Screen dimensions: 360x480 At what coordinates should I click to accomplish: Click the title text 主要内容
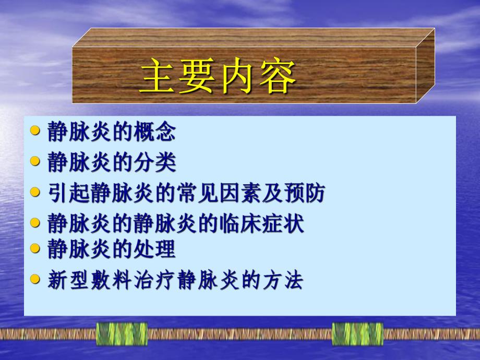(x=218, y=77)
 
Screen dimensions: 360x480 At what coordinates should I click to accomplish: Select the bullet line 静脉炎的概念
(x=111, y=132)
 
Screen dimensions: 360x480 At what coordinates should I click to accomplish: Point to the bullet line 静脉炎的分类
(x=111, y=162)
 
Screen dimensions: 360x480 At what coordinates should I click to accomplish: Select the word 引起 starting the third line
(x=68, y=193)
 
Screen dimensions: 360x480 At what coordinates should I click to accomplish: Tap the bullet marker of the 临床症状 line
(x=35, y=223)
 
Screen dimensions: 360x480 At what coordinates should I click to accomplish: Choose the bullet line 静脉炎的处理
(x=111, y=249)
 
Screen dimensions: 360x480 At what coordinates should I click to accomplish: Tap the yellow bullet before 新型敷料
(x=35, y=279)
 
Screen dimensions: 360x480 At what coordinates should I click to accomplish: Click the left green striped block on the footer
(x=122, y=334)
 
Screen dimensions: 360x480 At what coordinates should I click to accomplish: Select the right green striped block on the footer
(x=357, y=334)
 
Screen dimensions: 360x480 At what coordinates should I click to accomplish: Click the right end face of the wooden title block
(x=426, y=65)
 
